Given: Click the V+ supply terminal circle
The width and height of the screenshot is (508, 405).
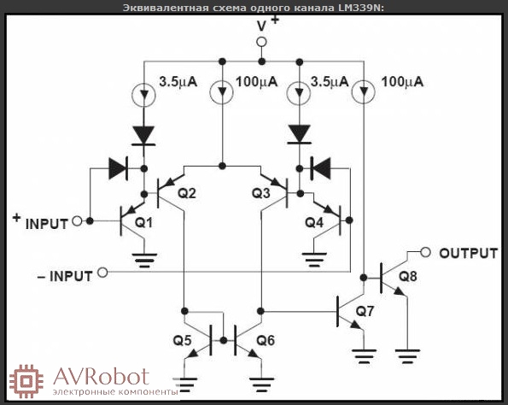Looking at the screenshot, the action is tap(261, 42).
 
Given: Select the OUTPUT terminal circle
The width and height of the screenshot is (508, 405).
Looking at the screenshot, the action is tap(425, 252).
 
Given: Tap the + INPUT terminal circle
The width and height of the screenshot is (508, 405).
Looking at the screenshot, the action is tap(77, 221).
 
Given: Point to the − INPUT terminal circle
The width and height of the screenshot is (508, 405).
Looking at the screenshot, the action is tap(102, 273).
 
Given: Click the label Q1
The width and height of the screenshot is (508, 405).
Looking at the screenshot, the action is tap(143, 222).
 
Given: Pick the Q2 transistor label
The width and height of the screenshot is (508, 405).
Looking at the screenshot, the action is tap(187, 193).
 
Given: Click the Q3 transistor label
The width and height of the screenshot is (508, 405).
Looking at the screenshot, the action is tap(260, 193).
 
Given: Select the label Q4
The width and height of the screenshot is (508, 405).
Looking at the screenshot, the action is tap(314, 222).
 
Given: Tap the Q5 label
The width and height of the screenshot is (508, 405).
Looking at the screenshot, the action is tap(182, 340).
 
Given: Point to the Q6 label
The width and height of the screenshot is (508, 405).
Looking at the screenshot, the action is tap(266, 340).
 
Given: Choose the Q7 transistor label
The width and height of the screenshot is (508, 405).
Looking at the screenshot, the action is tap(365, 311).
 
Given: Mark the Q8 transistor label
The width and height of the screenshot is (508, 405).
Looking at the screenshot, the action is tap(407, 276).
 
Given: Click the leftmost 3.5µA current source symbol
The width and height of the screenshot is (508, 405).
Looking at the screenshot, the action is tap(143, 95).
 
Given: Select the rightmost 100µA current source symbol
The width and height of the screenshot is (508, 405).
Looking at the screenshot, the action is tap(364, 91).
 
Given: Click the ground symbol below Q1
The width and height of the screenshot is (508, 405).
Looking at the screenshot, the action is tap(144, 261).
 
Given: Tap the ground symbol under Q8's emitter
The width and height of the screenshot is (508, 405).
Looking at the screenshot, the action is tap(407, 356).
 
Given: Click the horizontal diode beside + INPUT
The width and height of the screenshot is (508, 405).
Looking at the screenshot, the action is tap(119, 168).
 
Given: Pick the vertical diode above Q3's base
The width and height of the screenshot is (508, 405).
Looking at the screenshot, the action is tap(300, 134).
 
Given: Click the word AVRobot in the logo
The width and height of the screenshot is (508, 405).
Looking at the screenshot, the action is tap(102, 376).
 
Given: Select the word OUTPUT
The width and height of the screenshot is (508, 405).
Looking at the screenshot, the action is tap(468, 253).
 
